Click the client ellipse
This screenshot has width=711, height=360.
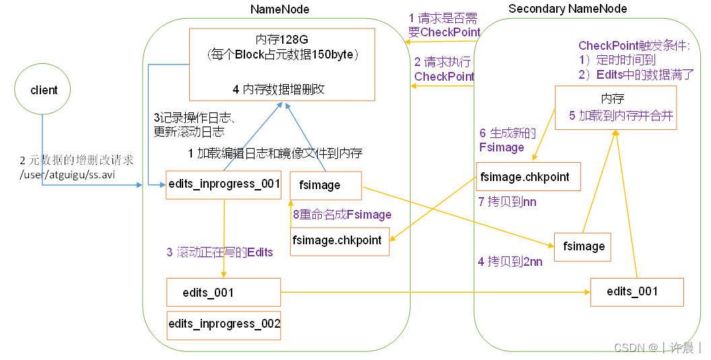pyautogui.click(x=44, y=90)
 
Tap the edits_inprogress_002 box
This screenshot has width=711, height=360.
pyautogui.click(x=224, y=324)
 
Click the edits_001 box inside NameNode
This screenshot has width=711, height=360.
pyautogui.click(x=224, y=293)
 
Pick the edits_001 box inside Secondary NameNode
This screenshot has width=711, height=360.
pyautogui.click(x=636, y=291)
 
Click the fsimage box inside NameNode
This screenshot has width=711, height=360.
pyautogui.click(x=326, y=185)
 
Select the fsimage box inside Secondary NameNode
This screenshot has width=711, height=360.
pyautogui.click(x=582, y=246)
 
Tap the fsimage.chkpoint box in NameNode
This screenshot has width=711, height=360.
pyautogui.click(x=340, y=241)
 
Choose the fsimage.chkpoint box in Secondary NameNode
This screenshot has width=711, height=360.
pyautogui.click(x=528, y=178)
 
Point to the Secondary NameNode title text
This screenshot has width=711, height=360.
pyautogui.click(x=568, y=9)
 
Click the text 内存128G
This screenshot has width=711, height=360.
pyautogui.click(x=281, y=39)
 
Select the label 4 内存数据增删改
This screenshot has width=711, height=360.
pyautogui.click(x=279, y=89)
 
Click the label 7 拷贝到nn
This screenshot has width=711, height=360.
pyautogui.click(x=512, y=201)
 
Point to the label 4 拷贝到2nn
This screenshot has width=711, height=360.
pyautogui.click(x=510, y=262)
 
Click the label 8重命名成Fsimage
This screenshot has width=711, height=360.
pyautogui.click(x=342, y=215)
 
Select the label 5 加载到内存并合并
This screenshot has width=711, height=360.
pyautogui.click(x=621, y=115)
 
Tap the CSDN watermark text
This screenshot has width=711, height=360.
pyautogui.click(x=656, y=348)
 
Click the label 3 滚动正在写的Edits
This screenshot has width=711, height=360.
pyautogui.click(x=220, y=252)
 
